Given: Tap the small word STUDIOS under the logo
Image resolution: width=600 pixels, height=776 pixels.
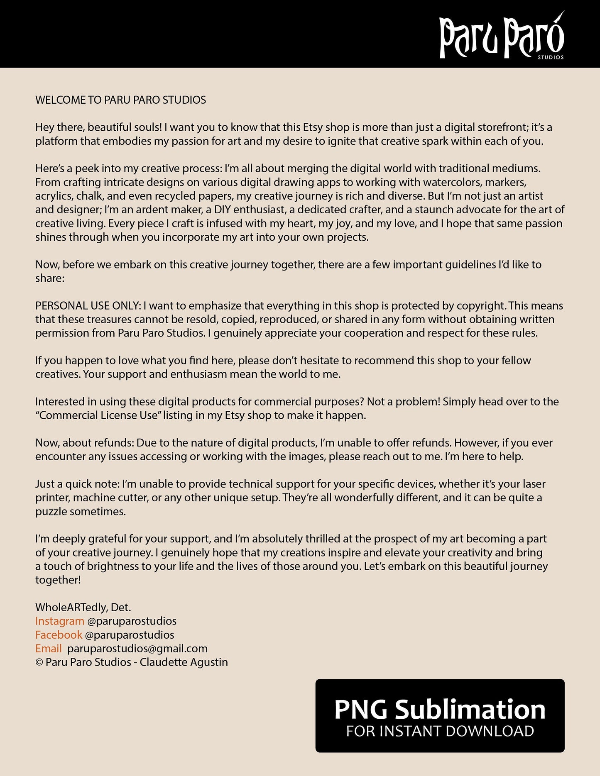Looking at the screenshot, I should (551, 57).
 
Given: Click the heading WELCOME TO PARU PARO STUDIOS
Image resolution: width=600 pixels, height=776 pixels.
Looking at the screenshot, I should (120, 100).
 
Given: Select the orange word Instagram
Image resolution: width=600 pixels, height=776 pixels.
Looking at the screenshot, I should (60, 621).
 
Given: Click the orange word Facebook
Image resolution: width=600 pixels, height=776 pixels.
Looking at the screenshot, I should (59, 634).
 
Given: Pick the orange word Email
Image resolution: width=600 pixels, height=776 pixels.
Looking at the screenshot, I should (48, 648).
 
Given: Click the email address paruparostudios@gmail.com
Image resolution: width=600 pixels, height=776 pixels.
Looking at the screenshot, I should (137, 648).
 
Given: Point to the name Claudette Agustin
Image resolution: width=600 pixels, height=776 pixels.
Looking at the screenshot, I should (184, 662).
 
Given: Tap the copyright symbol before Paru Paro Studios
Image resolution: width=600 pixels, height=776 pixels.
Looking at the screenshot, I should (39, 662).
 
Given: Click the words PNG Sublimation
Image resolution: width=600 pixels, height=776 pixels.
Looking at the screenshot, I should (440, 709).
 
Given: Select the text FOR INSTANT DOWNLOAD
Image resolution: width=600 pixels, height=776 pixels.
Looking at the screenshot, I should (440, 731).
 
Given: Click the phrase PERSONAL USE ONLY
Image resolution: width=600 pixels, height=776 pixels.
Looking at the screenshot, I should (88, 306).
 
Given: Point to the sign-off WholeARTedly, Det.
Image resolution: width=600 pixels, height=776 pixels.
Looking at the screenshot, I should (83, 607).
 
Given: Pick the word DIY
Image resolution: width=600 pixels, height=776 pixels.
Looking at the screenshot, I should (222, 210).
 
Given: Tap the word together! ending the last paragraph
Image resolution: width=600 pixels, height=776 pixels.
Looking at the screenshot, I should (58, 580).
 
